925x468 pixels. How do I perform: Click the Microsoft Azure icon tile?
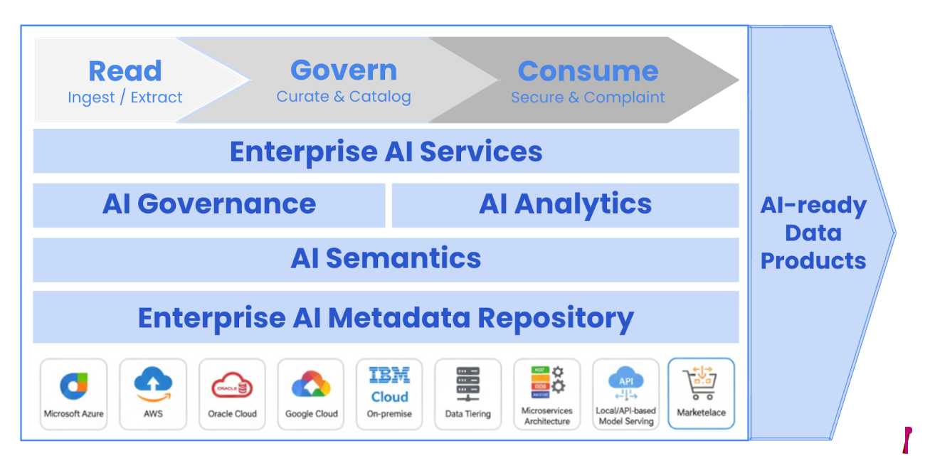(x=73, y=394)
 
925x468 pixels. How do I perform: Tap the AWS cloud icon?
(x=153, y=386)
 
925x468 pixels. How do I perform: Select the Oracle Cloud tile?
(x=232, y=394)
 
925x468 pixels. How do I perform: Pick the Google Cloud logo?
(x=311, y=386)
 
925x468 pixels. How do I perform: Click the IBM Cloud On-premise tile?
(x=390, y=394)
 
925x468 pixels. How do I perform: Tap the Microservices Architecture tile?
(x=547, y=394)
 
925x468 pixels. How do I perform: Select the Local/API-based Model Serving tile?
(x=626, y=394)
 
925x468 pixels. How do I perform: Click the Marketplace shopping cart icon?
(x=700, y=385)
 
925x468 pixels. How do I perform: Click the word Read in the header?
(x=125, y=71)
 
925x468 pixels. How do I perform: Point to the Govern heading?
(x=344, y=70)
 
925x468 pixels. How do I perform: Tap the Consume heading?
(x=588, y=71)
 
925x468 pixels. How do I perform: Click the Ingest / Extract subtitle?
(x=125, y=97)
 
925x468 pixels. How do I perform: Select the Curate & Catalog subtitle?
(x=344, y=97)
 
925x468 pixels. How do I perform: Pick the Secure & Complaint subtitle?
(x=588, y=97)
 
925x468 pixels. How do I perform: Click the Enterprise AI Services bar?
(x=386, y=151)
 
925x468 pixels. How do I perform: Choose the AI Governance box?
(x=209, y=204)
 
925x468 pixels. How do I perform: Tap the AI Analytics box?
(x=565, y=204)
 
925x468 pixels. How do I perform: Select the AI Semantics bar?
(x=386, y=257)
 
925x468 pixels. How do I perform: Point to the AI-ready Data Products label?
(x=813, y=233)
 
